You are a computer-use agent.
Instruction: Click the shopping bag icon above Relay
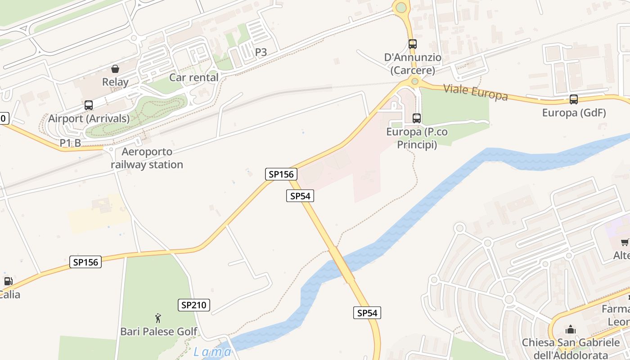(x=115, y=69)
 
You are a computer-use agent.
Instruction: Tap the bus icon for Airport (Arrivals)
(x=89, y=105)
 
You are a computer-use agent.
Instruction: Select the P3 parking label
(x=261, y=52)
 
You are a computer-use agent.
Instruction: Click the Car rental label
(x=193, y=77)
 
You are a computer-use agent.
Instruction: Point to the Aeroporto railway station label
(x=147, y=158)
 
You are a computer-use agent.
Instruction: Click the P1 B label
(x=70, y=143)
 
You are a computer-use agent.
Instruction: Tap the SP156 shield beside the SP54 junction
(x=281, y=174)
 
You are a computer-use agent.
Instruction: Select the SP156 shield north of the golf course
(x=85, y=262)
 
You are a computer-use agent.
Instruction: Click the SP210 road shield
(x=193, y=305)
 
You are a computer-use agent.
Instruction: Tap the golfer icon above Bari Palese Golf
(x=158, y=319)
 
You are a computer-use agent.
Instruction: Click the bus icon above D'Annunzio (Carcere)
(x=412, y=44)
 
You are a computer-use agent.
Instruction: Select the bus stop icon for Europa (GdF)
(x=573, y=99)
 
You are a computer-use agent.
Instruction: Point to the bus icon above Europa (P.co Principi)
(x=417, y=118)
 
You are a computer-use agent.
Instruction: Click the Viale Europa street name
(x=475, y=92)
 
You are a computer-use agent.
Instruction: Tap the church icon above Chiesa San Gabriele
(x=571, y=329)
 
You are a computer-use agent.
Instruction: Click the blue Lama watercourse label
(x=212, y=351)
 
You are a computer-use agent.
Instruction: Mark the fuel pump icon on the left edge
(x=8, y=282)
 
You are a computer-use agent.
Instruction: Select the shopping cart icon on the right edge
(x=625, y=243)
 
